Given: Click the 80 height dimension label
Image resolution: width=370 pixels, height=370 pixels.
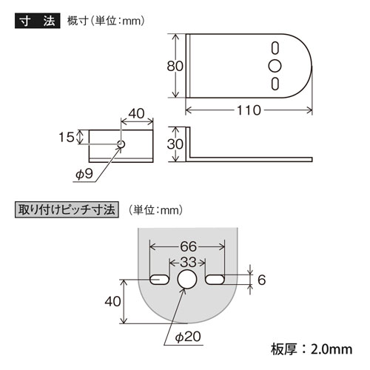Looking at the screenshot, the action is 175,66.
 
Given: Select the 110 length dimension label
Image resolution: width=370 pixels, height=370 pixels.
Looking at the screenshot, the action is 249,110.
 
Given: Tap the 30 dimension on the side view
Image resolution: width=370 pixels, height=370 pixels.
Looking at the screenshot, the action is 175,144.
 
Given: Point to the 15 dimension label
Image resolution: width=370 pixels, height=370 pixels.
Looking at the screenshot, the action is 67,137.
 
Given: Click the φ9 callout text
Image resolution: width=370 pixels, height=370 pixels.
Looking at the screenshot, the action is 84,174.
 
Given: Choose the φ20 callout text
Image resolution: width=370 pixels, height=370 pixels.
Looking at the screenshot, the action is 188,337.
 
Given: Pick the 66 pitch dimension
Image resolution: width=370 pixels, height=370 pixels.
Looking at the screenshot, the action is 188,246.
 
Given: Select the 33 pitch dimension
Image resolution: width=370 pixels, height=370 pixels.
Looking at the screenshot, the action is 188,263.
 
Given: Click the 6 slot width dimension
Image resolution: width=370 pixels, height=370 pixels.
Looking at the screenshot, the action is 261,280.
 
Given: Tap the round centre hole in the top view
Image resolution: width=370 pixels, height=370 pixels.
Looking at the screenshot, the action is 275,66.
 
